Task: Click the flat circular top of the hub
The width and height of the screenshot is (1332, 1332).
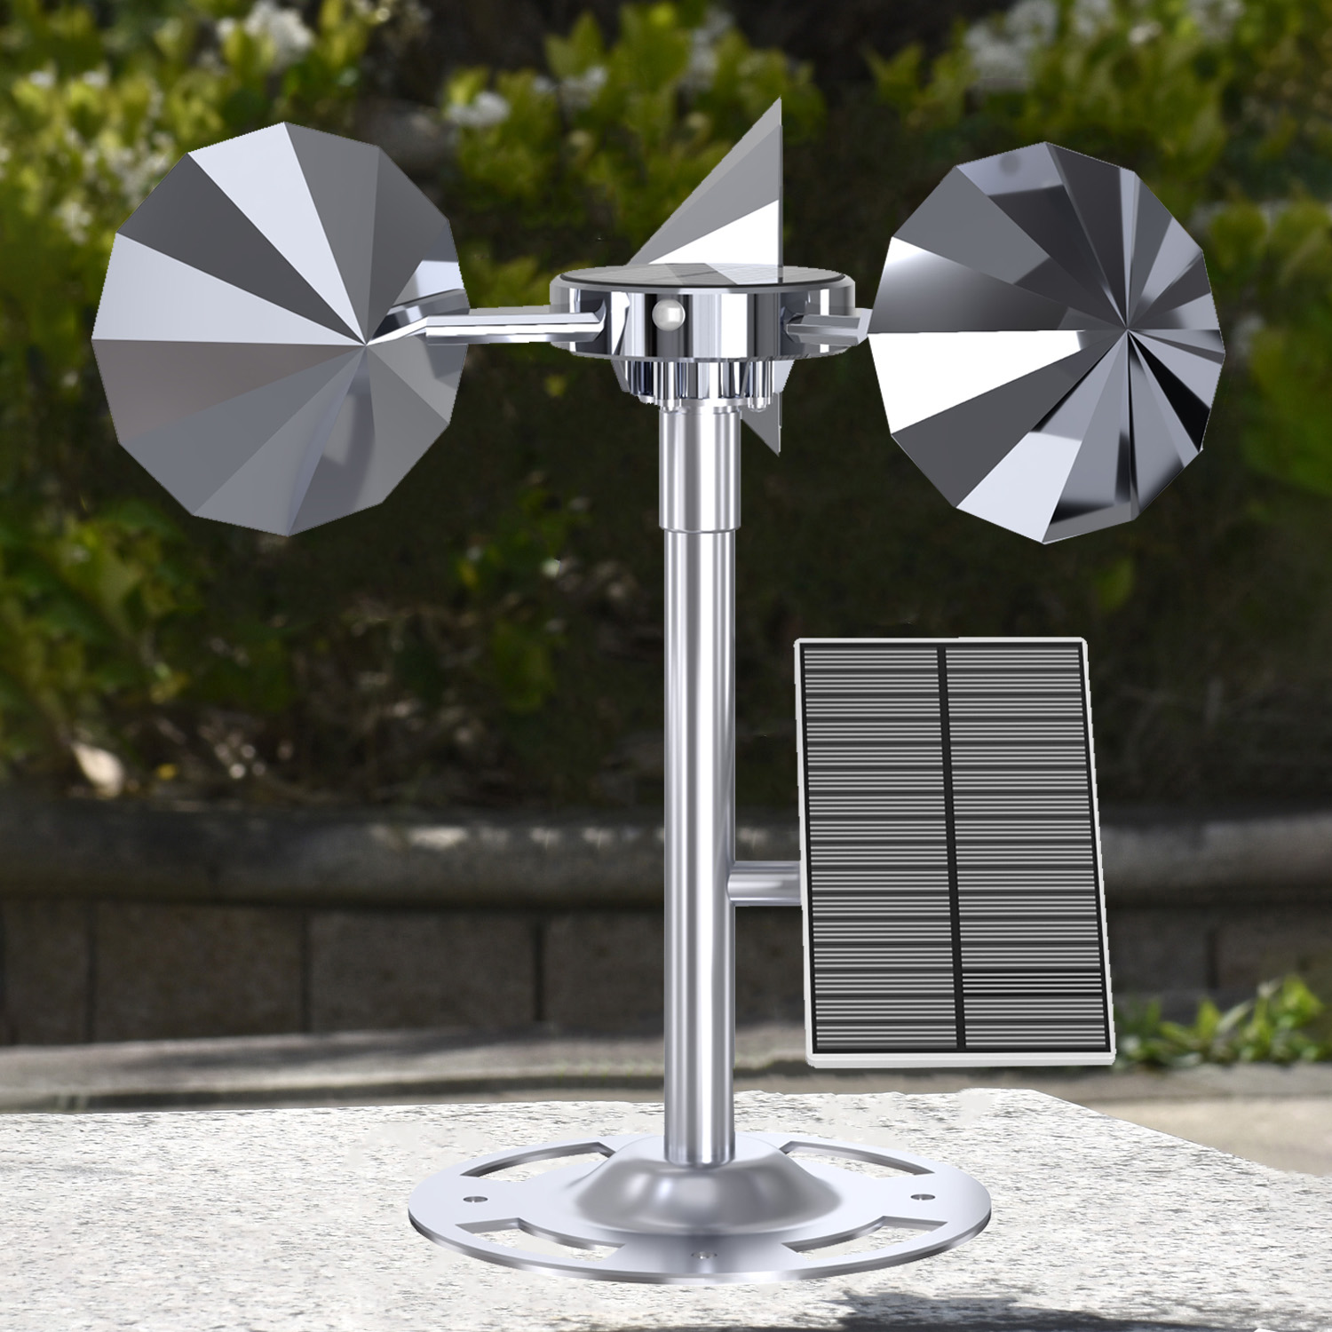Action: (x=702, y=279)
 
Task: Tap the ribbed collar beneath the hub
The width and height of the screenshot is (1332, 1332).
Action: (x=702, y=382)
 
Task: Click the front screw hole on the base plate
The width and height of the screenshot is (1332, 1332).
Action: (x=704, y=1258)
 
